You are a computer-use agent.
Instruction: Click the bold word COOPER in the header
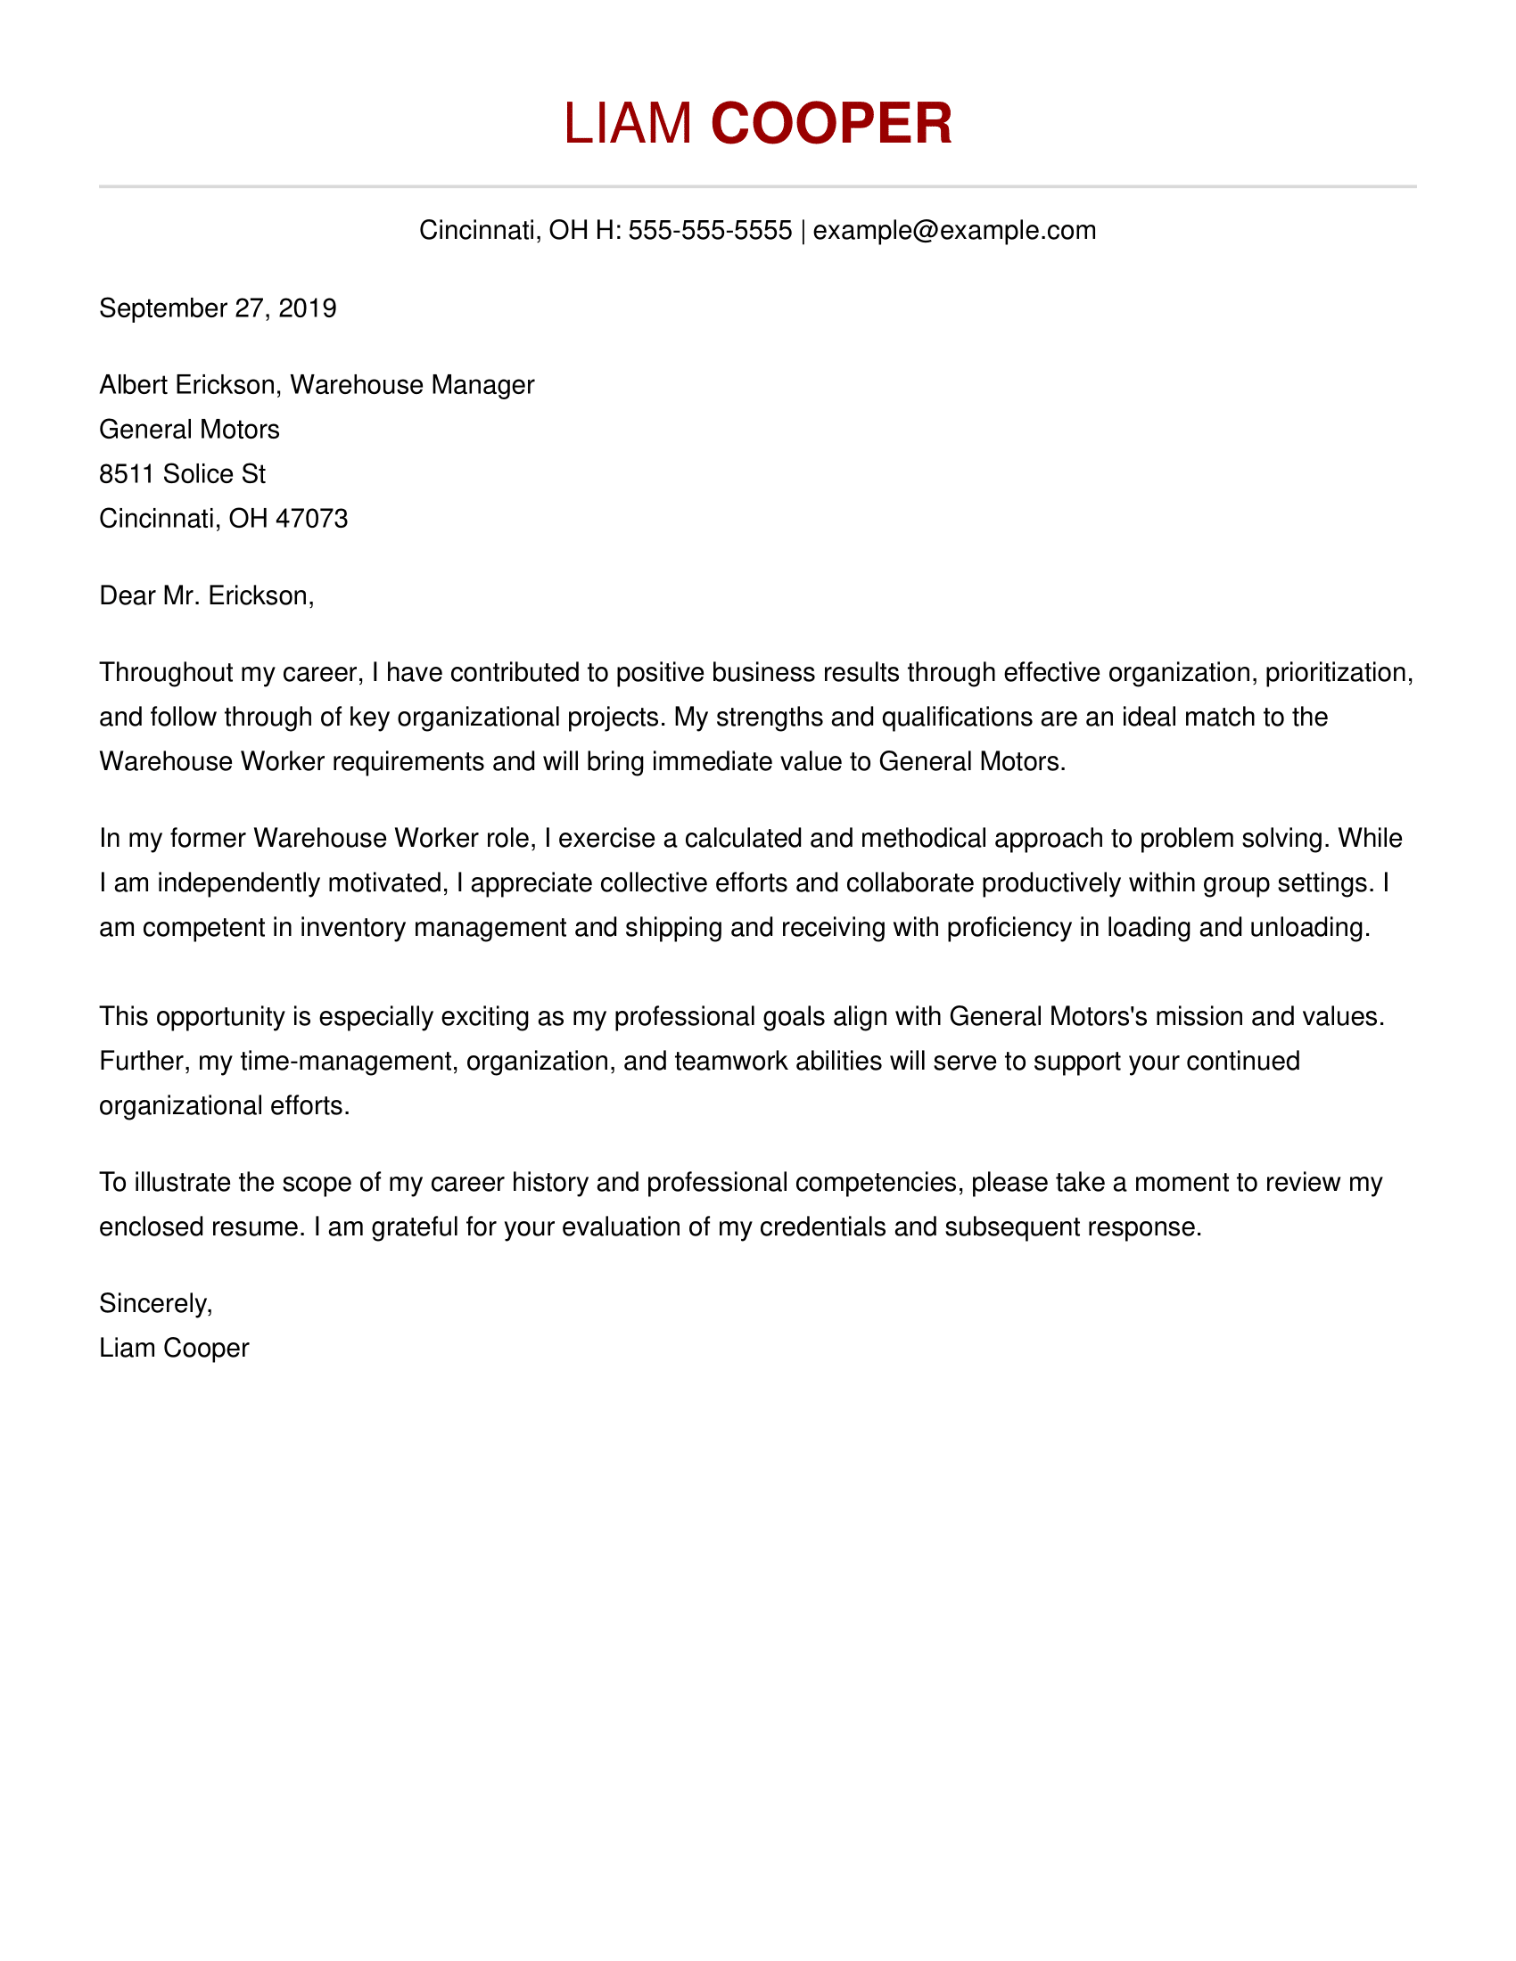coord(831,123)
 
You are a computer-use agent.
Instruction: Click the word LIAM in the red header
coord(628,123)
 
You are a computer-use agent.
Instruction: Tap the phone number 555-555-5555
coord(710,231)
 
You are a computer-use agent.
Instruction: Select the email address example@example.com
coord(954,231)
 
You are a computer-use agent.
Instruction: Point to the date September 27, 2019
coord(218,308)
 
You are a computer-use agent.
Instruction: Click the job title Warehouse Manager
coord(412,385)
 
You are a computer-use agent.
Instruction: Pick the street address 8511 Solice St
coord(182,474)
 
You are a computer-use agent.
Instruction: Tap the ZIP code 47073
coord(311,519)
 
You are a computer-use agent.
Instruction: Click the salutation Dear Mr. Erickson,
coord(207,596)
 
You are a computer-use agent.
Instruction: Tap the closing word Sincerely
coord(154,1304)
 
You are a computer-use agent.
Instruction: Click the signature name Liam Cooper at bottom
coord(173,1349)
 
